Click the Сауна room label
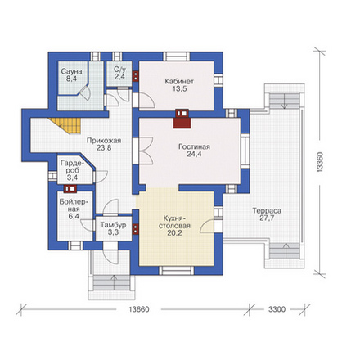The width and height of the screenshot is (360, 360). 71,71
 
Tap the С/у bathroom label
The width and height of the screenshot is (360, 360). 119,70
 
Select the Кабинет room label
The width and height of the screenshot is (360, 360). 179,81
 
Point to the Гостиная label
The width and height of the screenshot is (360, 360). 194,146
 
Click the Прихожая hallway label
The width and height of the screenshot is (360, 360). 104,141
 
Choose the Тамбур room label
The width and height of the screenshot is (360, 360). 113,225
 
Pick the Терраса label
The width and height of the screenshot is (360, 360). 267,211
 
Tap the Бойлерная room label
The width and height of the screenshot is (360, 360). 74,205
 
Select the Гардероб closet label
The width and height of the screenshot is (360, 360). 73,167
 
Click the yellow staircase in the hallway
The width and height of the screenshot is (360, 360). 66,126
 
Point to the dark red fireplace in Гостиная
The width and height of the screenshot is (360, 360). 182,119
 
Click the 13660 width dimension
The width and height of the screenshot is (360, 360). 139,309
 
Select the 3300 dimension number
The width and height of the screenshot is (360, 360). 277,309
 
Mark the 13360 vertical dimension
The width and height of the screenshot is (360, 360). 320,162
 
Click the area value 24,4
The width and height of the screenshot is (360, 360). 194,154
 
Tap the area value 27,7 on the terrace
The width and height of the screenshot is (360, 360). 267,218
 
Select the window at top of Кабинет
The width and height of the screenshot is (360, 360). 177,56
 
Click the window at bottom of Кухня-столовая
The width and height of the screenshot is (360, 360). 177,271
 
